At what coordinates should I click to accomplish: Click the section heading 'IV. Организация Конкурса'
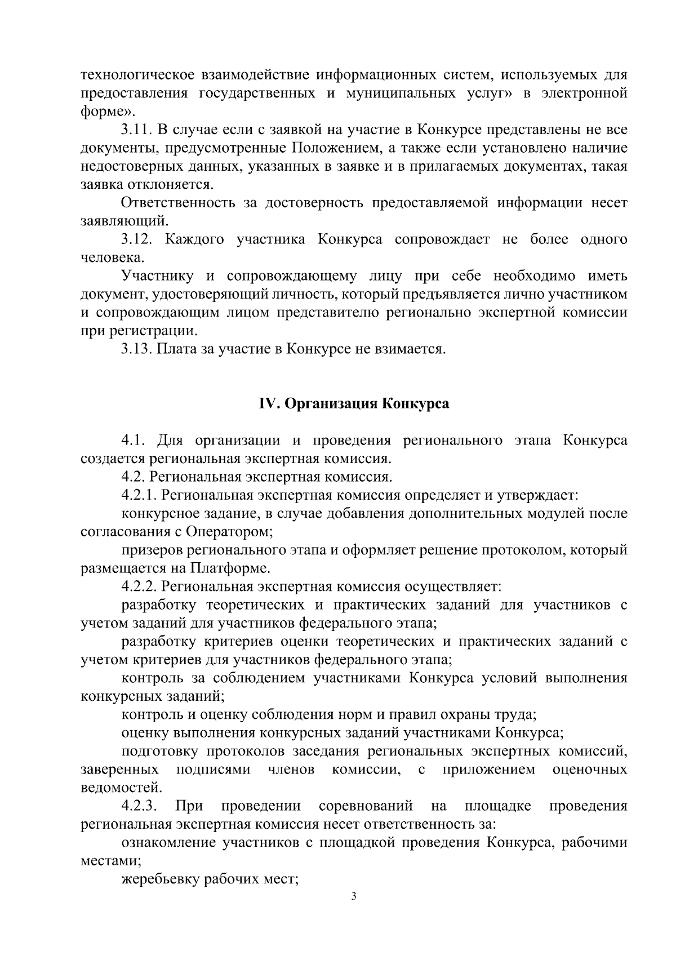click(354, 404)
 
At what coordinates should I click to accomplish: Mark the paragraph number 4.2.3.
click(139, 806)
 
